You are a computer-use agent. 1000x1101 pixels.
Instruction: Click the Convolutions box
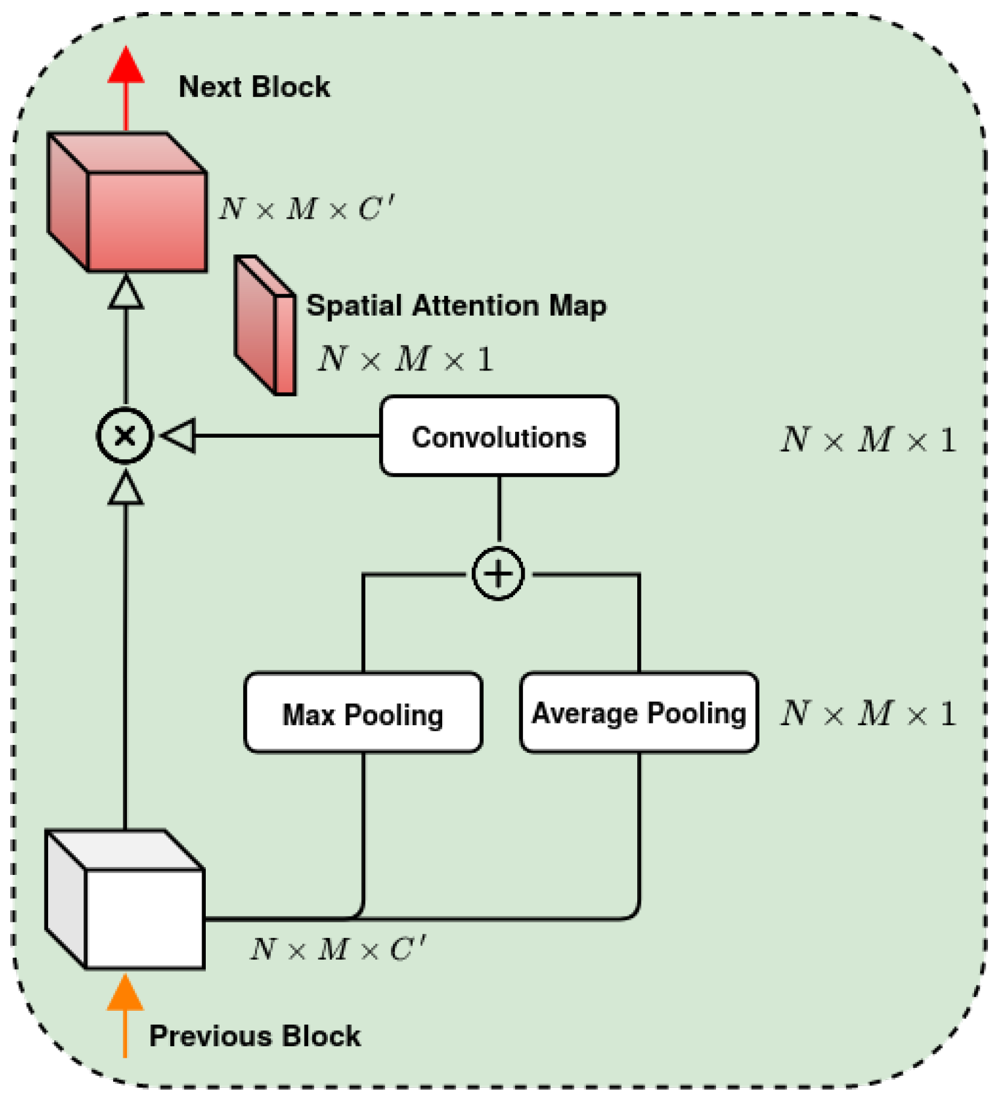499,436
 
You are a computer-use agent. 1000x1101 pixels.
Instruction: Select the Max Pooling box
363,713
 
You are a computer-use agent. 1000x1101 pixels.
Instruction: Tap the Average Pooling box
638,713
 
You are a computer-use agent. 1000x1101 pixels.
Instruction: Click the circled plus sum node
498,574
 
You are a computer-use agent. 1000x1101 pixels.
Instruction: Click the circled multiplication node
125,435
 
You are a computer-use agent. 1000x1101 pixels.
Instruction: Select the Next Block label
254,87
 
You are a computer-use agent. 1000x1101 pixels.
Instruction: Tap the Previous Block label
255,1036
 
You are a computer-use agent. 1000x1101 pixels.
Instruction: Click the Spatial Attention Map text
456,305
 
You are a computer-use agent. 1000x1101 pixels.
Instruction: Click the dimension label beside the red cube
306,209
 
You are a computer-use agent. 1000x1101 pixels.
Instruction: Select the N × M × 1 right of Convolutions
868,440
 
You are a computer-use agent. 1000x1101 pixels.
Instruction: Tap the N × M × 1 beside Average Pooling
868,714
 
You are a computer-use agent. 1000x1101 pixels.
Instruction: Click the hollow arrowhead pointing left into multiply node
179,435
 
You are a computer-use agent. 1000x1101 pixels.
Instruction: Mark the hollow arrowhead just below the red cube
126,293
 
